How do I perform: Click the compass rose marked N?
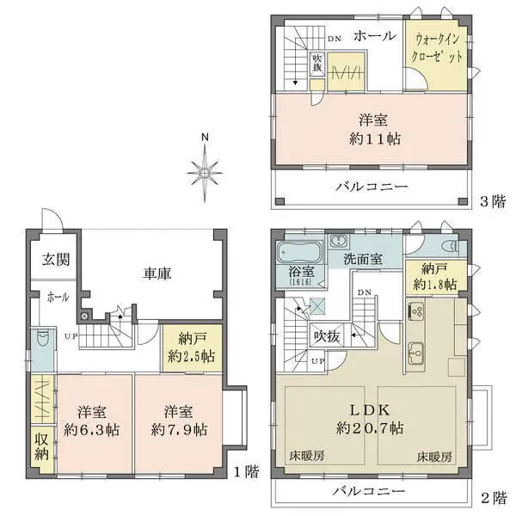(205, 173)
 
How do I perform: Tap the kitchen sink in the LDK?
(417, 351)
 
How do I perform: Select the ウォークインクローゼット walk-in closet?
(439, 47)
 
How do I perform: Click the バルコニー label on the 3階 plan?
(372, 187)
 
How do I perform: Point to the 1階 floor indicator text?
(246, 471)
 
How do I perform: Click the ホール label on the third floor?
(374, 35)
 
